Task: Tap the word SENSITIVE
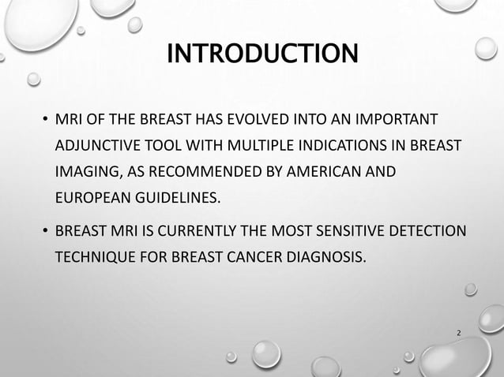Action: tap(344, 231)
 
